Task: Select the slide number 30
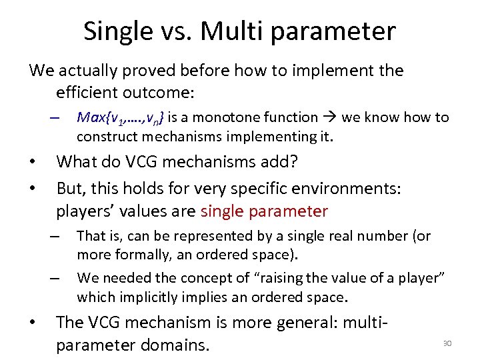click(447, 343)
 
